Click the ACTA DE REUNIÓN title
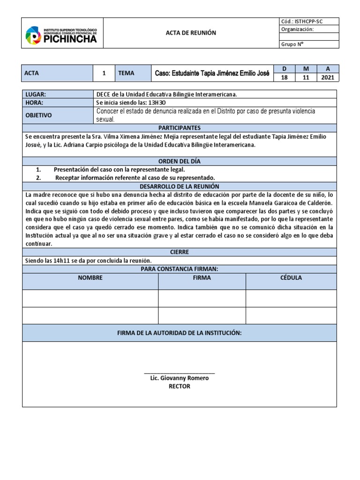pyautogui.click(x=191, y=33)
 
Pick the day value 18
pyautogui.click(x=284, y=77)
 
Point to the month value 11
pyautogui.click(x=306, y=77)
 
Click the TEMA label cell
pyautogui.click(x=126, y=73)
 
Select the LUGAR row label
pyautogui.click(x=36, y=94)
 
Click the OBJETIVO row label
pyautogui.click(x=38, y=115)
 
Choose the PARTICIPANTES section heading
pyautogui.click(x=180, y=127)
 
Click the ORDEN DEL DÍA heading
pyautogui.click(x=180, y=161)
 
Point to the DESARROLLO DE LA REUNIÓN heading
pyautogui.click(x=180, y=186)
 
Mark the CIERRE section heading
pyautogui.click(x=180, y=252)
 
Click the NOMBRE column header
pyautogui.click(x=90, y=277)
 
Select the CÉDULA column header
pyautogui.click(x=291, y=277)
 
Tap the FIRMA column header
pyautogui.click(x=202, y=277)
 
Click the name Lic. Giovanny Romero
pyautogui.click(x=180, y=378)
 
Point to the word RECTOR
pyautogui.click(x=180, y=386)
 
